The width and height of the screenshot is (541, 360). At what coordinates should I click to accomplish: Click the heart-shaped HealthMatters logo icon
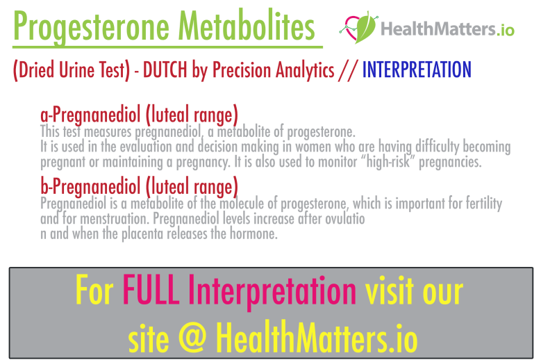pyautogui.click(x=358, y=28)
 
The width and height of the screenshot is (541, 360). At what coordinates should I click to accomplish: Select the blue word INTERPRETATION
pyautogui.click(x=417, y=69)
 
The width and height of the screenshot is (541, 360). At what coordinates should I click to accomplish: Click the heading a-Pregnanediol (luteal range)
pyautogui.click(x=139, y=115)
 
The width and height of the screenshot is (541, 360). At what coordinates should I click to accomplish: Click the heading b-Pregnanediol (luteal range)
pyautogui.click(x=139, y=187)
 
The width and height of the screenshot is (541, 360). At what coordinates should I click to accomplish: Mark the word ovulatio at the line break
pyautogui.click(x=344, y=220)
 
